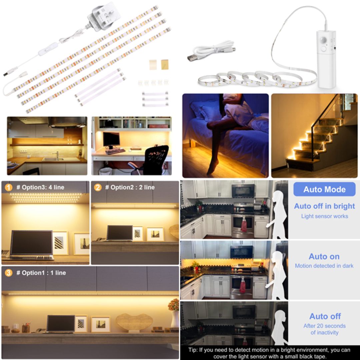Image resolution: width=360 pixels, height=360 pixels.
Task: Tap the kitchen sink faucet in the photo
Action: click(57, 154)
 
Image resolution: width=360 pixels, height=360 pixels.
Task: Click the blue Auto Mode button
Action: click(324, 189)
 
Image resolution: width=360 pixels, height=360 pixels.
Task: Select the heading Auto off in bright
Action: click(324, 206)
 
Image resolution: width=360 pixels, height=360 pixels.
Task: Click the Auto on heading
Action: click(324, 256)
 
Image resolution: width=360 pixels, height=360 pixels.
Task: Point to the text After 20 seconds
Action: click(324, 326)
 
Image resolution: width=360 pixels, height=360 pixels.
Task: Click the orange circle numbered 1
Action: click(9, 187)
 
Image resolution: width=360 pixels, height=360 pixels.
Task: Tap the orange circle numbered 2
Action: click(98, 187)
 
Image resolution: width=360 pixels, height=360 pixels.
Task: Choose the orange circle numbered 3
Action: click(9, 273)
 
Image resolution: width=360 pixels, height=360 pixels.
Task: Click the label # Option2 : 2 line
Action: click(130, 187)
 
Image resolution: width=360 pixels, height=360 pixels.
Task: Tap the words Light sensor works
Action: click(324, 216)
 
